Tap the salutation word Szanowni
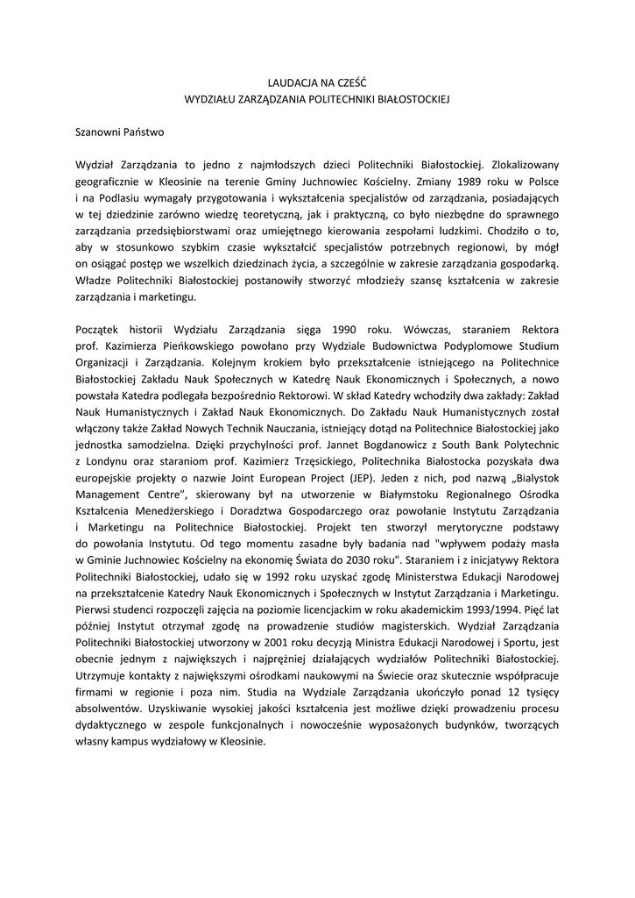tap(101, 133)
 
